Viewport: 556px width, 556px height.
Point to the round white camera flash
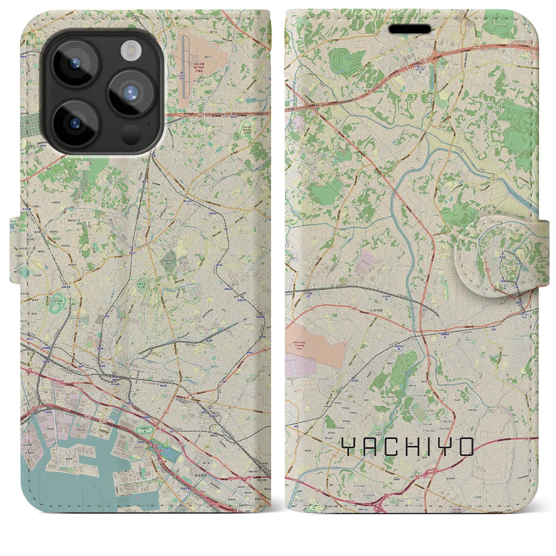(x=129, y=51)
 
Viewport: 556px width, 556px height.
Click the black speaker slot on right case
(x=410, y=29)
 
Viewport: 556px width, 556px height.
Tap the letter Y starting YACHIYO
(x=348, y=447)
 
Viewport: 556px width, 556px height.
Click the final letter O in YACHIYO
(x=466, y=447)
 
